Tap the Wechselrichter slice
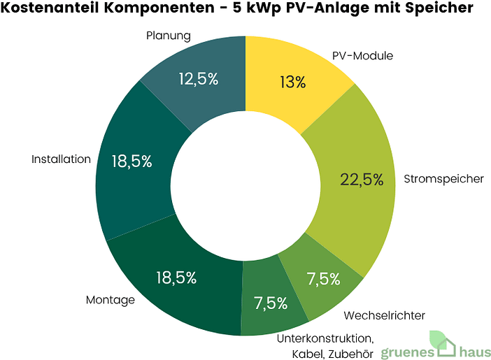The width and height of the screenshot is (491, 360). coord(323,280)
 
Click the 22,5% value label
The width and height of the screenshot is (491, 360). coord(362,179)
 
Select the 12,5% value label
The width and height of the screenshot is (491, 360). coord(198,79)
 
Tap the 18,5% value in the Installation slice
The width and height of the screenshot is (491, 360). coord(131,161)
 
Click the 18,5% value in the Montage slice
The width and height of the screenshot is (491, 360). coord(175,278)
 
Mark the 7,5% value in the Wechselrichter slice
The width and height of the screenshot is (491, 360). coord(324,280)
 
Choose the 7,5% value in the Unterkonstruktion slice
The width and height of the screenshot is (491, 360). coord(271,303)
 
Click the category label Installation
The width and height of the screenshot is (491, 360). coord(61,159)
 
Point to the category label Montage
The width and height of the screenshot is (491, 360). coord(110,300)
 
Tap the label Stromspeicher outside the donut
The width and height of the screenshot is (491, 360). coord(443,179)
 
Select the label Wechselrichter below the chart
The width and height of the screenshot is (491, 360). coord(385,315)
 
